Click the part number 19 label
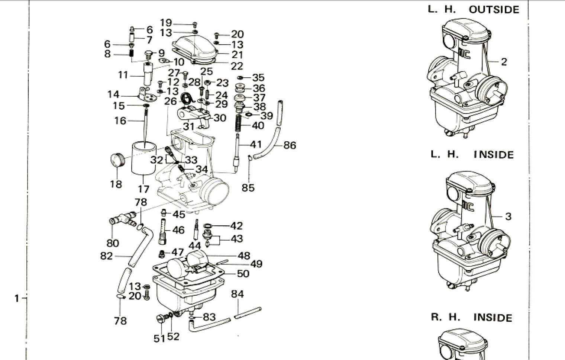pyautogui.click(x=166, y=23)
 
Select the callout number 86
pyautogui.click(x=290, y=145)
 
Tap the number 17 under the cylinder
pyautogui.click(x=143, y=189)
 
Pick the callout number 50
pyautogui.click(x=243, y=274)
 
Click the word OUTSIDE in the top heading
pyautogui.click(x=494, y=9)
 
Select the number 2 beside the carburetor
pyautogui.click(x=504, y=62)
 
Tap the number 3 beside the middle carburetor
pyautogui.click(x=508, y=216)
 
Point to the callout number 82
pyautogui.click(x=106, y=256)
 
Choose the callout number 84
pyautogui.click(x=238, y=294)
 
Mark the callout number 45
pyautogui.click(x=179, y=214)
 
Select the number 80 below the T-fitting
pyautogui.click(x=113, y=243)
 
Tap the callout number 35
pyautogui.click(x=258, y=78)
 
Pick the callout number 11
pyautogui.click(x=123, y=75)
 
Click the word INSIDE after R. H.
pyautogui.click(x=493, y=318)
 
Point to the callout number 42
pyautogui.click(x=236, y=225)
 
